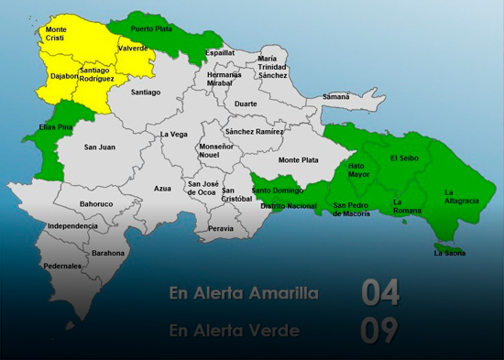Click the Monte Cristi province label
[56, 34]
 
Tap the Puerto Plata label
[151, 28]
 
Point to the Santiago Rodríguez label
[97, 74]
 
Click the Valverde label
[133, 48]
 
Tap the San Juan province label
[99, 147]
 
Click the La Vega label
[173, 135]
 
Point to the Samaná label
[336, 96]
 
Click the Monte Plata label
[298, 159]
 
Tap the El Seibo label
[404, 158]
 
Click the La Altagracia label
[461, 196]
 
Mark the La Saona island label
[450, 252]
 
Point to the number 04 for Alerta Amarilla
[379, 293]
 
